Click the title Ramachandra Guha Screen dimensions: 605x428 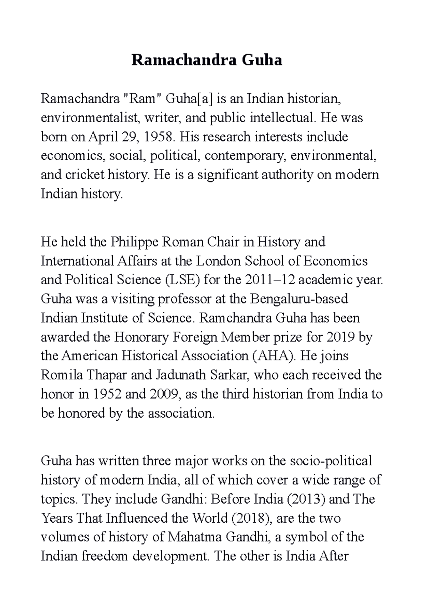click(x=207, y=60)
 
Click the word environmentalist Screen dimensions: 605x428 click(x=90, y=118)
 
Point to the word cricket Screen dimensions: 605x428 click(x=85, y=175)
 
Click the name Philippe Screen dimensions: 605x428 click(x=134, y=242)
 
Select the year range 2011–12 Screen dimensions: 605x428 click(x=270, y=280)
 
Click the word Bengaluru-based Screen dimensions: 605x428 click(x=300, y=299)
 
